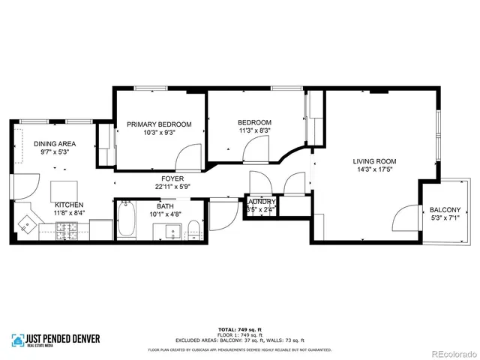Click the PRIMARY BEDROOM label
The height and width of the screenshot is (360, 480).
point(158,124)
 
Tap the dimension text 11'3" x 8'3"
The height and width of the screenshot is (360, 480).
point(254,130)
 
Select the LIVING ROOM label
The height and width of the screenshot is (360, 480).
point(375,161)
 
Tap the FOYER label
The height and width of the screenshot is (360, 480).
point(168,178)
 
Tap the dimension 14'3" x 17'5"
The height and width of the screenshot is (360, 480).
point(375,169)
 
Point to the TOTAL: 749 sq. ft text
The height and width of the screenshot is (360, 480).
point(240,330)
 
